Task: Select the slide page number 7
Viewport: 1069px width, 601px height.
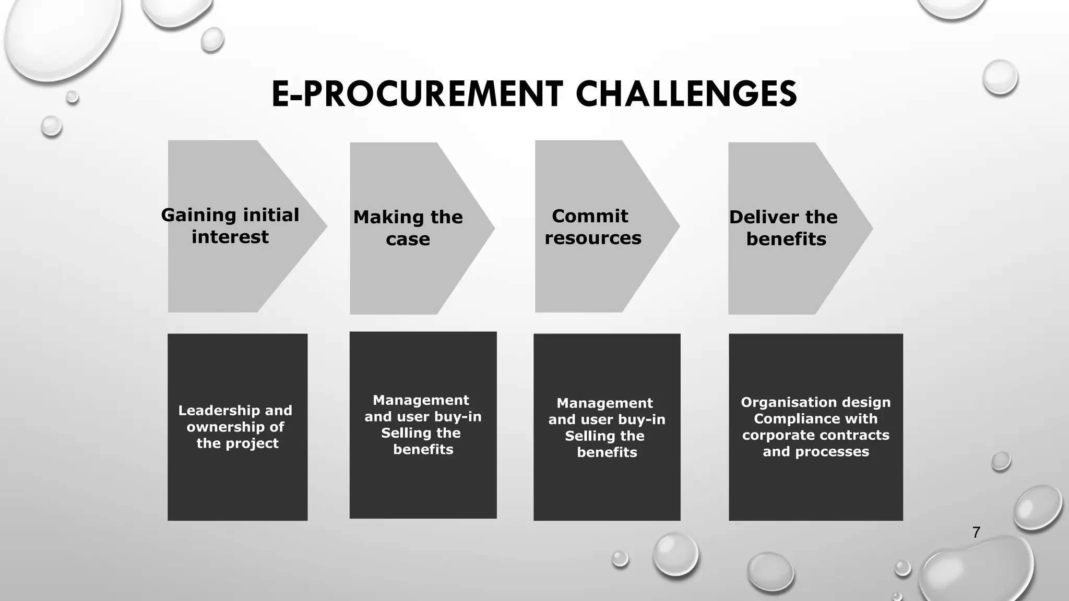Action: click(x=976, y=533)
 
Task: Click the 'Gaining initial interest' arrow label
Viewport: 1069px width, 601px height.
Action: click(x=230, y=226)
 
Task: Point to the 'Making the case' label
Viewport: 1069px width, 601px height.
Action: click(x=408, y=228)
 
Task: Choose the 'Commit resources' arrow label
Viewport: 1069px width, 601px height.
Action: click(x=593, y=227)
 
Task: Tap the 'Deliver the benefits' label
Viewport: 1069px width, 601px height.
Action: click(x=784, y=228)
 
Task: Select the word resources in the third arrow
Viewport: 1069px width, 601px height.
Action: click(x=593, y=238)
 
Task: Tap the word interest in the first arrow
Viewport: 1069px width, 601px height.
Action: click(x=230, y=237)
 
